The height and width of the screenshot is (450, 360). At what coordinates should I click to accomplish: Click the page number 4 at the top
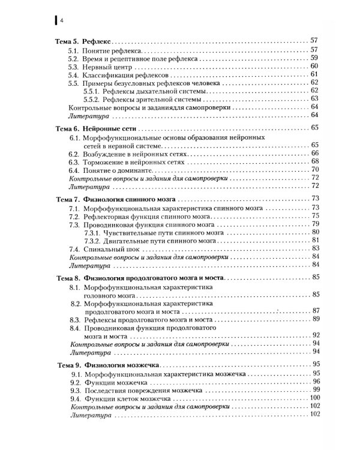pyautogui.click(x=61, y=20)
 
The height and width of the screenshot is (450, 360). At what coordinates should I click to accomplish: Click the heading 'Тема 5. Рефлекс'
pyautogui.click(x=80, y=41)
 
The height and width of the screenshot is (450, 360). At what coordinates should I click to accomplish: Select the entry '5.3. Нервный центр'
pyautogui.click(x=102, y=66)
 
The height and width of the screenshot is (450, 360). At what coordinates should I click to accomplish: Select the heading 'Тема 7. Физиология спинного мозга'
pyautogui.click(x=115, y=199)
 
